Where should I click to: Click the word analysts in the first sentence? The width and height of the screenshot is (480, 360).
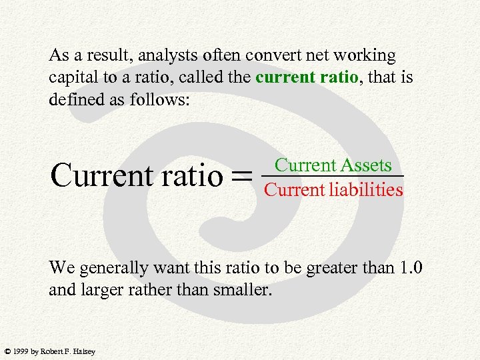click(167, 56)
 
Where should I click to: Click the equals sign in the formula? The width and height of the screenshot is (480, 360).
click(243, 176)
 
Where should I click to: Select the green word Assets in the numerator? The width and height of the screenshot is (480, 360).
click(365, 164)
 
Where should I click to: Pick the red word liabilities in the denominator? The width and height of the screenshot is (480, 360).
click(365, 190)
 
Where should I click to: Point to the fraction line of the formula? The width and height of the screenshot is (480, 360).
click(333, 176)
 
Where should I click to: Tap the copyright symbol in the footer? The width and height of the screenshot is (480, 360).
click(7, 351)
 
